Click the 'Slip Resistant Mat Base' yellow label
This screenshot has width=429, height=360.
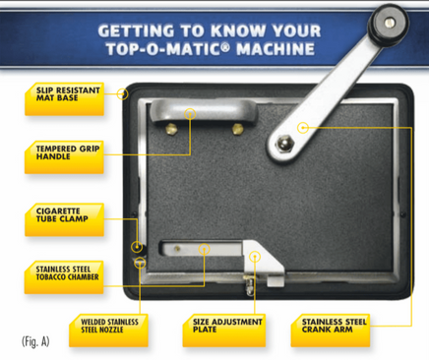(65, 99)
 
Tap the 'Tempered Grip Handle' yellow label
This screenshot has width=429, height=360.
(64, 157)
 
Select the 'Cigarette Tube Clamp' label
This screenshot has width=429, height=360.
(65, 219)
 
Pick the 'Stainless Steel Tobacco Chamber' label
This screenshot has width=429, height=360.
(64, 277)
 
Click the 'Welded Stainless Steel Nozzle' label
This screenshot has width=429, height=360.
(108, 330)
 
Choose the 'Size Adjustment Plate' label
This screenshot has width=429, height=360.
(224, 330)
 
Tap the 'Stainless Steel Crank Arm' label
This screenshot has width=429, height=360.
(331, 330)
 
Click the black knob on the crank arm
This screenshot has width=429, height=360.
(389, 23)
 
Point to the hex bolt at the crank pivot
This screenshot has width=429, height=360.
(284, 145)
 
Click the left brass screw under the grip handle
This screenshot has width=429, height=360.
(171, 129)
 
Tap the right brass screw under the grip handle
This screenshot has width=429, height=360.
(237, 129)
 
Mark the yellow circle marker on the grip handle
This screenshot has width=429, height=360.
(190, 114)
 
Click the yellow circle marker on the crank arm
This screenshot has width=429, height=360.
(303, 127)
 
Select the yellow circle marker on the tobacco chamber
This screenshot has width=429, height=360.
(205, 249)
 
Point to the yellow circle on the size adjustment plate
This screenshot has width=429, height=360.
(255, 257)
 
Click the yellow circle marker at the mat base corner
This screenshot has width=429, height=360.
(123, 94)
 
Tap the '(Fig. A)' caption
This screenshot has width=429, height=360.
(35, 341)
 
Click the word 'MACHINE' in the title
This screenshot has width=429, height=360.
(276, 49)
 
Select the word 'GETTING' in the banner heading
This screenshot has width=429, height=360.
(136, 30)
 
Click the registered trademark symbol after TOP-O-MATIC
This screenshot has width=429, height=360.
(225, 46)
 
